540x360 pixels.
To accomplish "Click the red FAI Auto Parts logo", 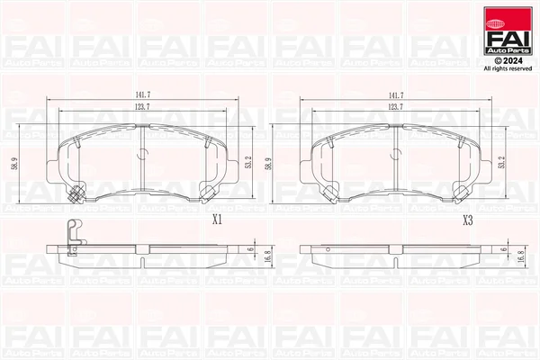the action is click(508, 31).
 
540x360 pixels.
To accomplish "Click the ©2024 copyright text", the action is click(508, 61).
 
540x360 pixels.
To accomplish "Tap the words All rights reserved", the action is click(508, 69).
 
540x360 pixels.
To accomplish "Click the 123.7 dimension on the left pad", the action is click(142, 107).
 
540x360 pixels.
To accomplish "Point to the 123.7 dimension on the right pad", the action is click(395, 107).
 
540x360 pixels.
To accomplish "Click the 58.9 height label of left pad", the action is click(15, 164).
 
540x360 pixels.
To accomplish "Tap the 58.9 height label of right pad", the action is click(268, 164).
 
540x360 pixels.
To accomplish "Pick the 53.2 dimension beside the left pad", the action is click(248, 162).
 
